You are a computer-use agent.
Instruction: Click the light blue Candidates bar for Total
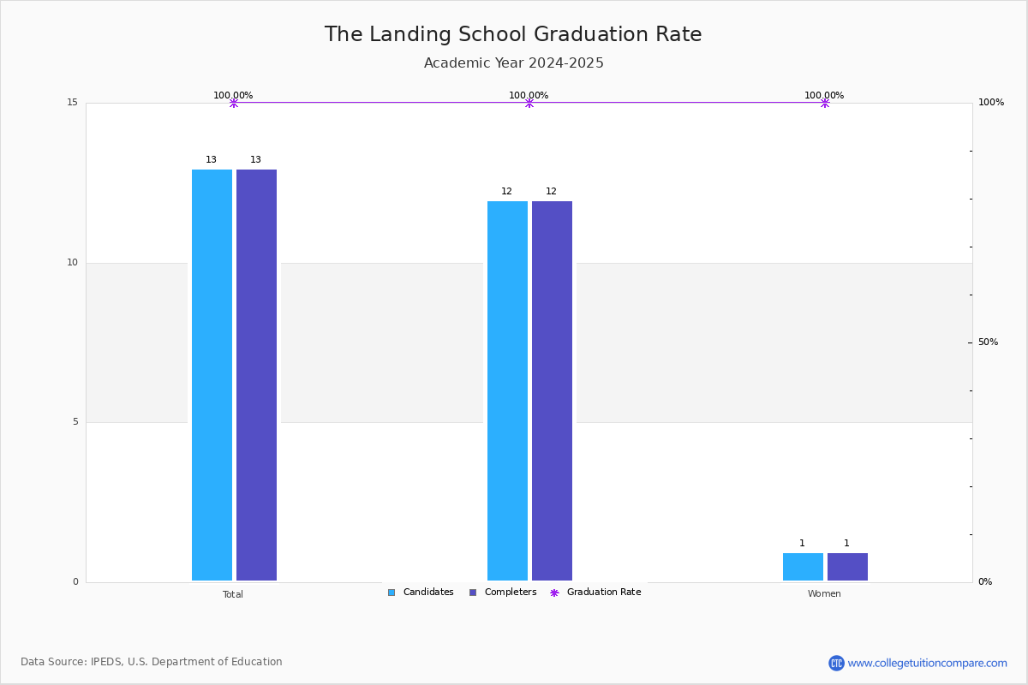tap(212, 375)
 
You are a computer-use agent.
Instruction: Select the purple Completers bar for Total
tap(256, 375)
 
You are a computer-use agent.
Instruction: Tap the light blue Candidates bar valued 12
tap(507, 391)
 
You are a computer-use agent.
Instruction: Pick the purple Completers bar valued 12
tap(552, 391)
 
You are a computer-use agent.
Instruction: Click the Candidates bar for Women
tap(803, 567)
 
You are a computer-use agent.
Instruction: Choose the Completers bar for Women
tap(847, 567)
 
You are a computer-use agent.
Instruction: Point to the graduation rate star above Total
tap(234, 103)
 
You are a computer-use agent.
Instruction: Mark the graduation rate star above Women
tap(825, 103)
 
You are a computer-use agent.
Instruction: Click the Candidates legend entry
tap(421, 593)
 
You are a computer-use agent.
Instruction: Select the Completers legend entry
tap(503, 593)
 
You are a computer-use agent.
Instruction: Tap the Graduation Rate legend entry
tap(595, 593)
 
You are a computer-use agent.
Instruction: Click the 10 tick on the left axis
tap(73, 262)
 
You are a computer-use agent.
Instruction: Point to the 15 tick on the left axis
tap(73, 102)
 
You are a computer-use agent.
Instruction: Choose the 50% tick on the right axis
tap(988, 342)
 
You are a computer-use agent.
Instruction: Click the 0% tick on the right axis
tap(985, 581)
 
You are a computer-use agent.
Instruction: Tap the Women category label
tap(824, 593)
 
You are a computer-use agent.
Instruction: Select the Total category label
tap(233, 594)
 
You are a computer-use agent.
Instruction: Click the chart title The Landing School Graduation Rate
tap(513, 34)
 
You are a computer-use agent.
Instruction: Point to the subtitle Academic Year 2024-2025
tap(513, 63)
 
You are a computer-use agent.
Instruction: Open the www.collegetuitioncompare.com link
tap(927, 663)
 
